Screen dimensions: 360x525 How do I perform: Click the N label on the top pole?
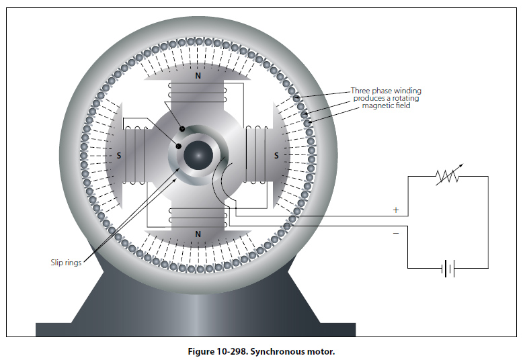198,77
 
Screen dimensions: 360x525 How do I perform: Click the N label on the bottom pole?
198,234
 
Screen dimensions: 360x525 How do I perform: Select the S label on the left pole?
119,155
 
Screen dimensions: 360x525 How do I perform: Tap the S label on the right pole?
276,155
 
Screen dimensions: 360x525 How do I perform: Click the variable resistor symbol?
446,176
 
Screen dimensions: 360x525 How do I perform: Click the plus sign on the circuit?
395,210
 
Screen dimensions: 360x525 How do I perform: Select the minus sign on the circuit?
395,233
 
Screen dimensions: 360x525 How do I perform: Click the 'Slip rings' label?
66,263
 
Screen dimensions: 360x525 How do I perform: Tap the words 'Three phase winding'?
386,91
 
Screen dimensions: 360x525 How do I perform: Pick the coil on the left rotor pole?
136,155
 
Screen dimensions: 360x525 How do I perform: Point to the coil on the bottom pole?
198,216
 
